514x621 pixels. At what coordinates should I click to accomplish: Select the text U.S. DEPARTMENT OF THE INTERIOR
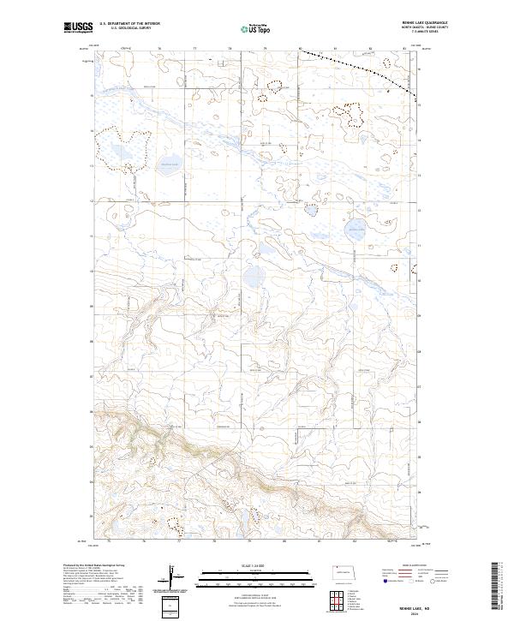(x=128, y=26)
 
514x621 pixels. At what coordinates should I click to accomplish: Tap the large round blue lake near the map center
(x=254, y=277)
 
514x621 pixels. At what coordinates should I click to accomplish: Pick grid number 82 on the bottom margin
(x=355, y=542)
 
